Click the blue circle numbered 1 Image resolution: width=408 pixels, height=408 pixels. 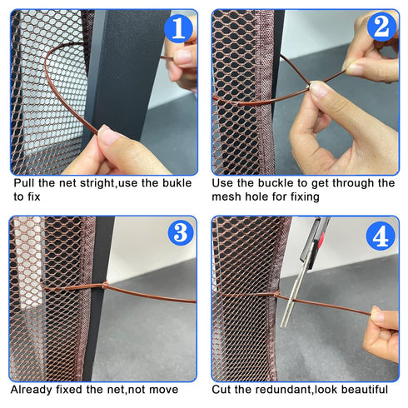tap(178, 28)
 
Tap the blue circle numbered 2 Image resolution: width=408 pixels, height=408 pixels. tap(381, 27)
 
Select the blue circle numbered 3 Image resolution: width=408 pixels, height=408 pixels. tap(182, 231)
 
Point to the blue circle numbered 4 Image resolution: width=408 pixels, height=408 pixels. tap(381, 236)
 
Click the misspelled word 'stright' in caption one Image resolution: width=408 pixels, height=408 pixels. tap(97, 183)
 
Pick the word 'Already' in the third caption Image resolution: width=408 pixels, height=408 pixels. tap(32, 390)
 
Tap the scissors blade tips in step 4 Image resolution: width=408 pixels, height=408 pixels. tap(284, 324)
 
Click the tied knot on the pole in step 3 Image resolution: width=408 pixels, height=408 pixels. tap(105, 286)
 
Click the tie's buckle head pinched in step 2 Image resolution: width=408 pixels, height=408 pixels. tap(309, 86)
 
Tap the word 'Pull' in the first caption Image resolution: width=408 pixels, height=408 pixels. tap(24, 183)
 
